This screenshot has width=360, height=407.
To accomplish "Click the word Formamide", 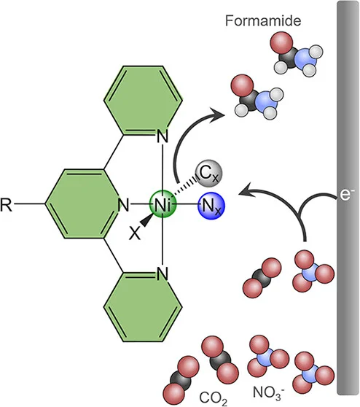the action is coord(263,20).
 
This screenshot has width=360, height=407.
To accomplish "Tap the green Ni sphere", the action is coord(163,204).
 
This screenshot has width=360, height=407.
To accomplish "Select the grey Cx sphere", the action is coord(209,174).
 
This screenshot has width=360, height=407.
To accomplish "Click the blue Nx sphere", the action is coord(211,206).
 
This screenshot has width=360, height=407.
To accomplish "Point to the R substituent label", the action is coord(6,205).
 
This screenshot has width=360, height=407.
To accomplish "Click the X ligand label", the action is coord(135,233).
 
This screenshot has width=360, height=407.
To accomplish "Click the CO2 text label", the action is coord(213,398).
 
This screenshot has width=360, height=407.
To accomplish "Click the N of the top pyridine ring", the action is coord(163,136).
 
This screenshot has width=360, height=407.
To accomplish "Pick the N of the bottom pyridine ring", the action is coord(163,274).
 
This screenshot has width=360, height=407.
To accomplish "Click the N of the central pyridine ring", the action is coord(123,205).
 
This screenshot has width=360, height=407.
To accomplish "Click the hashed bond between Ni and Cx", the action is coord(186,186).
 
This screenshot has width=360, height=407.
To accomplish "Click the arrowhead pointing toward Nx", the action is coord(246,190).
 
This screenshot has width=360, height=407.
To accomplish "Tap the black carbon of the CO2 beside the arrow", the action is coord(262,278).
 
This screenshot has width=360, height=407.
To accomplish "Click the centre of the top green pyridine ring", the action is coord(143,101).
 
